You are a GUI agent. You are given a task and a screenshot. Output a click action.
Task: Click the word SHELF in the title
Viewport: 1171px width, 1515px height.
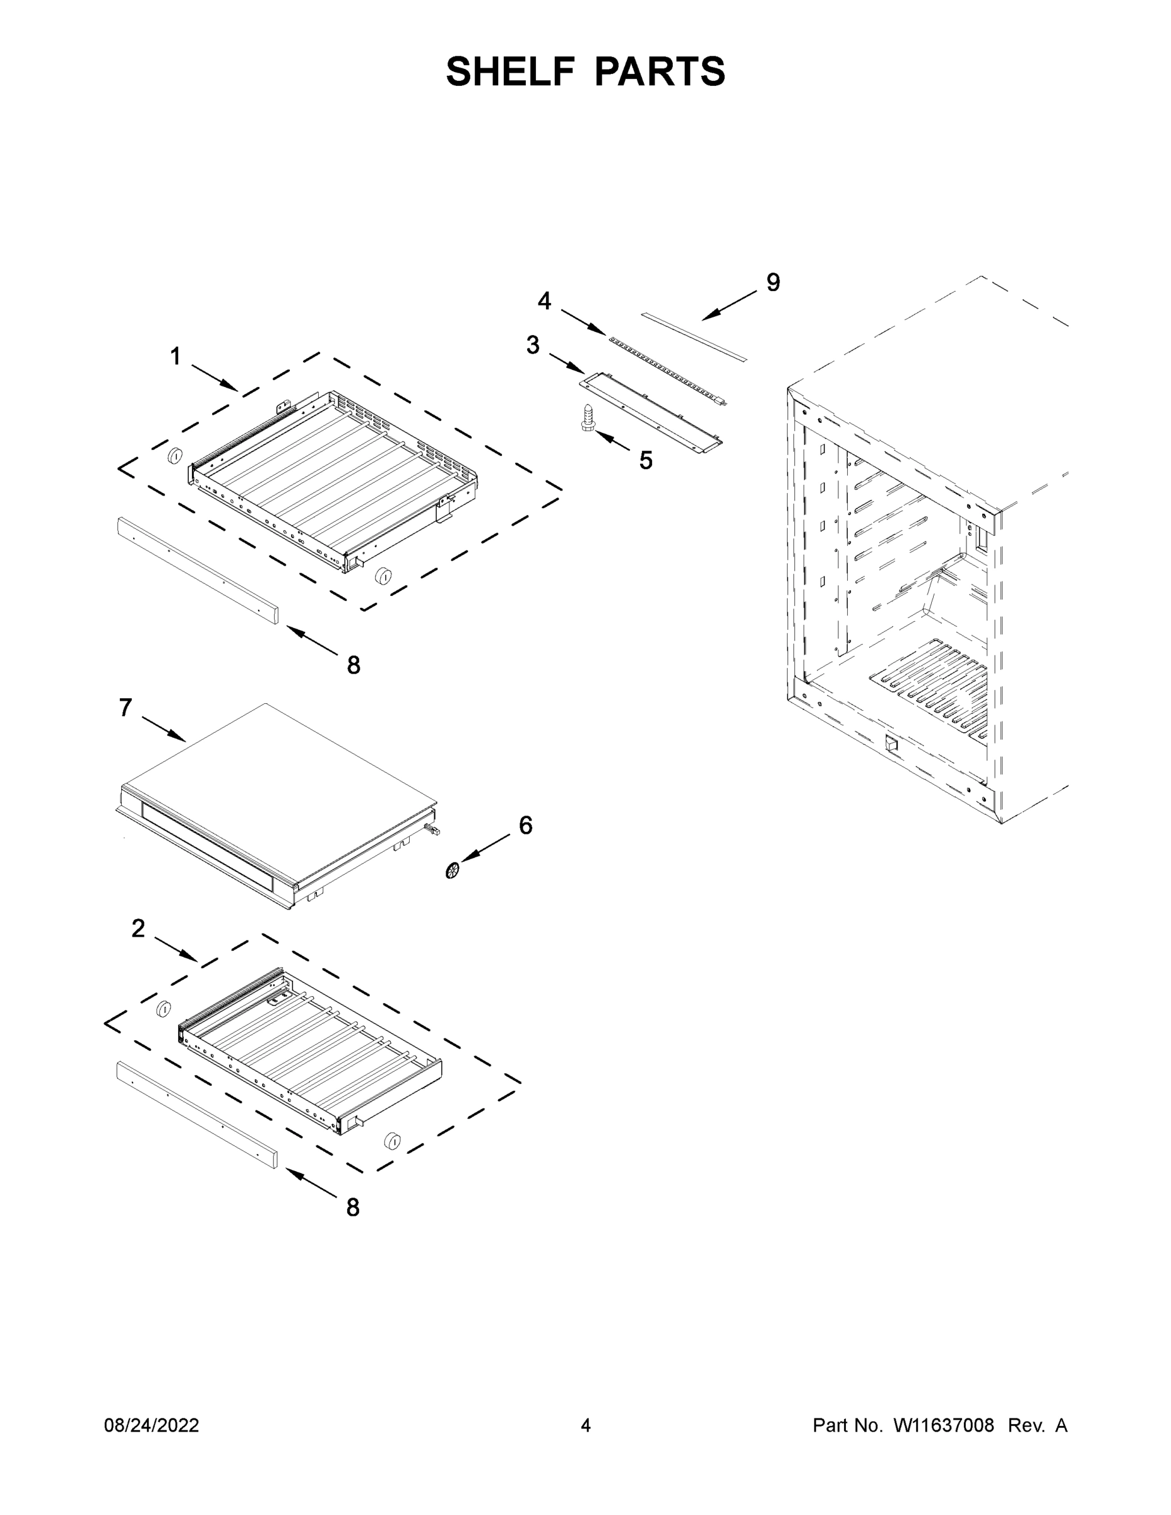(511, 71)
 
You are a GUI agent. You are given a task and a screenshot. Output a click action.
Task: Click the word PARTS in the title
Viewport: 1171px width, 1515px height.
(660, 71)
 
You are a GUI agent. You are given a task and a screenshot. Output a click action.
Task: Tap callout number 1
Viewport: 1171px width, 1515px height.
(175, 357)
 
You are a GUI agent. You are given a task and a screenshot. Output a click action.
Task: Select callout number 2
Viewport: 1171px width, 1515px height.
(139, 928)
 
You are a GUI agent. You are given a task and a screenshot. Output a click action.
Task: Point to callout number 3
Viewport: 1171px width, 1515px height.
(533, 345)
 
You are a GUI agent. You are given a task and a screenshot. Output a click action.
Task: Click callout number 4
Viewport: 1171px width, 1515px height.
(545, 301)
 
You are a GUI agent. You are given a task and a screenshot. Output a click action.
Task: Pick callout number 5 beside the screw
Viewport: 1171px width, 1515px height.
(646, 460)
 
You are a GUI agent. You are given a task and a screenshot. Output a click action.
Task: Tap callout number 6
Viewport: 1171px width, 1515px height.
(526, 826)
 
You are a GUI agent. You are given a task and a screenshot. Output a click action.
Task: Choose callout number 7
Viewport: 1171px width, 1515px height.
(126, 708)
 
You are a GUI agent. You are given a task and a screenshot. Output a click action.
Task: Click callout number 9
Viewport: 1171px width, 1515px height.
(773, 282)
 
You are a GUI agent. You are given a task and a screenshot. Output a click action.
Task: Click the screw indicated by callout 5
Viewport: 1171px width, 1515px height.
(588, 418)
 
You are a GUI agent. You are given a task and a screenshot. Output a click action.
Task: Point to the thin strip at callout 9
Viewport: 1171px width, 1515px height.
(694, 336)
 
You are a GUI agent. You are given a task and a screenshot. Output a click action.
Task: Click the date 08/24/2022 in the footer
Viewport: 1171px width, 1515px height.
(152, 1425)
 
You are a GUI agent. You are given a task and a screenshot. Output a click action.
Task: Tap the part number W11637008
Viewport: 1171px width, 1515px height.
(944, 1425)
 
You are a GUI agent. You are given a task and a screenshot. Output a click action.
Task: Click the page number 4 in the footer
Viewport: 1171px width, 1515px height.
(586, 1425)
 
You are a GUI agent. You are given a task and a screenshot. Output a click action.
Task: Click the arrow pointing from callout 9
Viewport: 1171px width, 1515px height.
(728, 306)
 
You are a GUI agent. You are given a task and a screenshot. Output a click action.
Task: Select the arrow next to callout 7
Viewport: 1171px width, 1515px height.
(163, 729)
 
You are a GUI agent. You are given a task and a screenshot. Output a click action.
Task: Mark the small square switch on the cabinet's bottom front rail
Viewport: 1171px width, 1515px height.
(892, 746)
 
